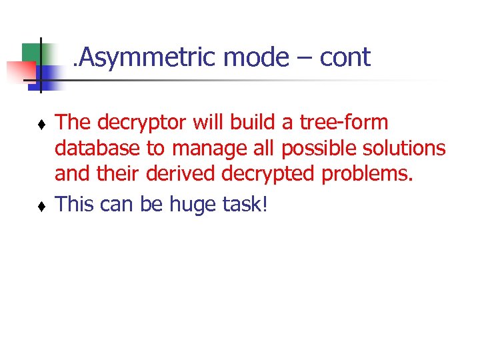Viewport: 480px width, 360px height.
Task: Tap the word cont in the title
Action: coord(345,58)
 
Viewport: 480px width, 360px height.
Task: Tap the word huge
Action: coord(195,205)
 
